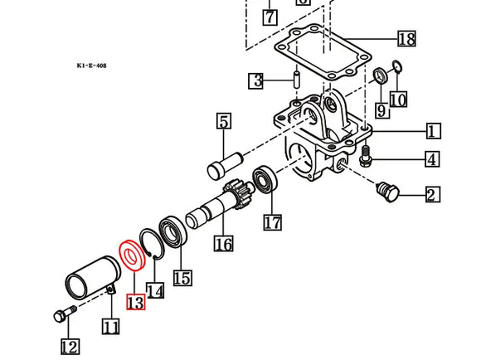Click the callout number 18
click(406, 40)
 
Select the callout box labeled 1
click(434, 131)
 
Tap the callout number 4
click(433, 158)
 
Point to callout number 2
click(433, 195)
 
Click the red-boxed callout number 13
click(135, 301)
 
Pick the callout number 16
click(222, 243)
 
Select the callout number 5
click(223, 123)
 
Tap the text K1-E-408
click(90, 65)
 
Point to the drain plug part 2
click(388, 192)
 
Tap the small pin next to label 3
click(295, 81)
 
